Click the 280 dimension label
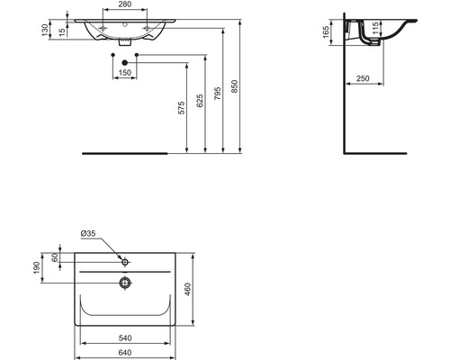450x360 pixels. [x=125, y=4]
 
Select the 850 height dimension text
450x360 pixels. [x=235, y=86]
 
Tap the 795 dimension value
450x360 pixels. [x=218, y=94]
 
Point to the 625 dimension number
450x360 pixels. [x=200, y=101]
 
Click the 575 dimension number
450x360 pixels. [x=182, y=108]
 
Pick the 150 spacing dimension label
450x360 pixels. [x=125, y=73]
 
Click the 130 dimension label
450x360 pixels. [x=45, y=31]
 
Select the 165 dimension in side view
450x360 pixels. [x=326, y=32]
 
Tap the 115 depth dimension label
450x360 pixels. [x=375, y=28]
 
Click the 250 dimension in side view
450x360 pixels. [x=363, y=78]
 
